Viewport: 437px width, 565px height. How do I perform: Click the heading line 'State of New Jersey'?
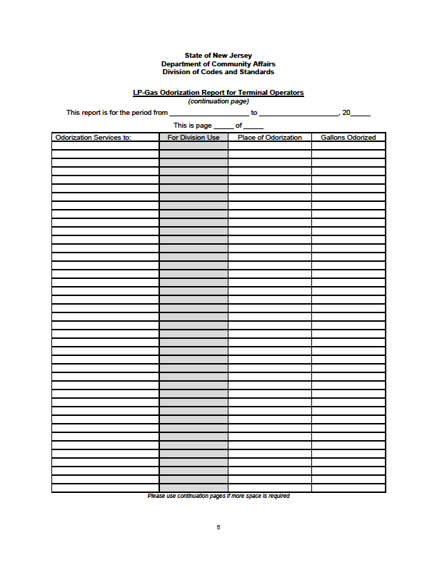pyautogui.click(x=218, y=56)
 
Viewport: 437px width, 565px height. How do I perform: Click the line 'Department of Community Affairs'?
pyautogui.click(x=218, y=64)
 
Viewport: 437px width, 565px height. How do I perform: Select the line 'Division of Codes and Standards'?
pyautogui.click(x=218, y=72)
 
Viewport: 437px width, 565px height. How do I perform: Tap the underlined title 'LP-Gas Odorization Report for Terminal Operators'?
pyautogui.click(x=218, y=93)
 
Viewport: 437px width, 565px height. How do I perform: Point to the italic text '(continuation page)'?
pyautogui.click(x=218, y=101)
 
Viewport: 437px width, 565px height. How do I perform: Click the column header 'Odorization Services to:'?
pyautogui.click(x=94, y=138)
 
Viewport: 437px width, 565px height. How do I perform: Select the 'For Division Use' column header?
pyautogui.click(x=194, y=138)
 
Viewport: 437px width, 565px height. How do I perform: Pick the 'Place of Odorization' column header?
pyautogui.click(x=270, y=138)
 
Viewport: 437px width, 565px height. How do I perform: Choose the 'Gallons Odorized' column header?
pyautogui.click(x=348, y=138)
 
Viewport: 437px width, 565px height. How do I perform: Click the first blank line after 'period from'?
pyautogui.click(x=209, y=113)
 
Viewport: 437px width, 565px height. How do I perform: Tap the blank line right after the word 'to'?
pyautogui.click(x=298, y=113)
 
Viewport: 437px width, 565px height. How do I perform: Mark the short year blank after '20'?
pyautogui.click(x=361, y=113)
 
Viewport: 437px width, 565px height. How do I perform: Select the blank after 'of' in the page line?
pyautogui.click(x=253, y=126)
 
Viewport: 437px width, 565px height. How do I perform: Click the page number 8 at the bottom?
pyautogui.click(x=218, y=527)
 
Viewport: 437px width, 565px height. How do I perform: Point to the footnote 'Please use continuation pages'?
pyautogui.click(x=218, y=497)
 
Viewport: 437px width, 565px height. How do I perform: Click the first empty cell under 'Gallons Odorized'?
pyautogui.click(x=348, y=146)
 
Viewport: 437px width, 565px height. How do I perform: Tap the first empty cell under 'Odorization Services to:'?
pyautogui.click(x=105, y=146)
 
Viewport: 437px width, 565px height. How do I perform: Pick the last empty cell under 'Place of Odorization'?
pyautogui.click(x=270, y=488)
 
